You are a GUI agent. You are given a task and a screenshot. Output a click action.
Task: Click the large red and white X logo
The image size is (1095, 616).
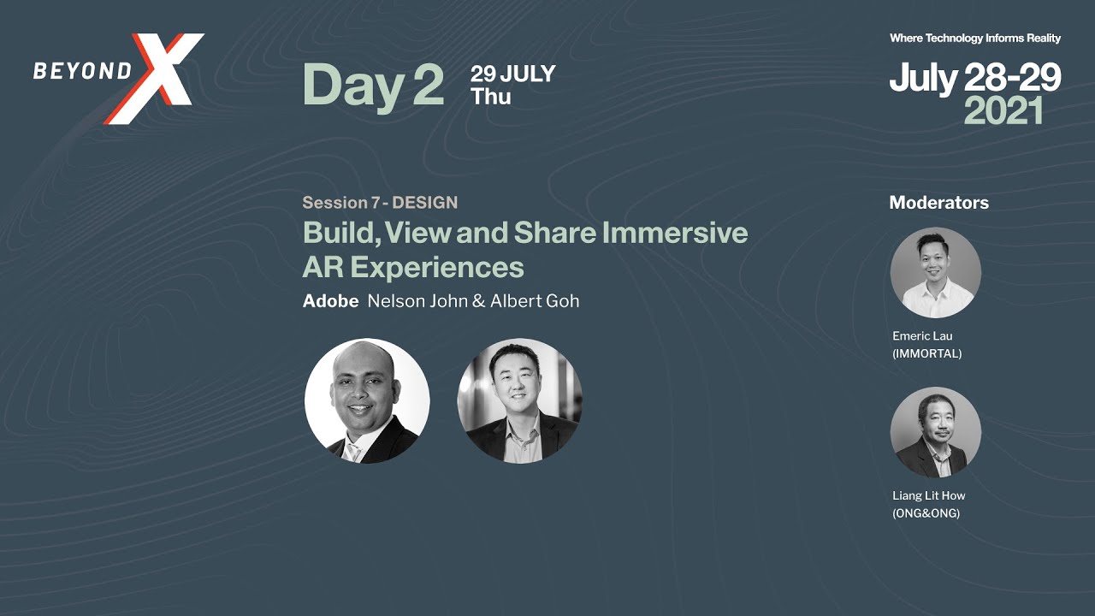163,78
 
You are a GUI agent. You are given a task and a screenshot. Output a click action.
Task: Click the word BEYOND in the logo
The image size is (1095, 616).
82,71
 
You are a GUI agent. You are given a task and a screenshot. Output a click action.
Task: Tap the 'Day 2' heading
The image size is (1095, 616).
373,85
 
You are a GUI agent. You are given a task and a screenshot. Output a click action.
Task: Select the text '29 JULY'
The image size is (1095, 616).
512,74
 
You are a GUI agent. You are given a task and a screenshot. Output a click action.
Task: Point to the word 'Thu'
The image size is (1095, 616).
491,97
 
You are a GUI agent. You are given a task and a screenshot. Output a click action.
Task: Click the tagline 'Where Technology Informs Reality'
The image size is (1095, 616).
974,38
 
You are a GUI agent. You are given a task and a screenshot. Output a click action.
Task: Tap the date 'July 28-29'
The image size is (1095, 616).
974,78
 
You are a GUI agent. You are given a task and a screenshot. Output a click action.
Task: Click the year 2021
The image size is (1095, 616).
1003,111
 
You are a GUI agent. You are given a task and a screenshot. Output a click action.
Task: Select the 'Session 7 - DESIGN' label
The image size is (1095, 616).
380,203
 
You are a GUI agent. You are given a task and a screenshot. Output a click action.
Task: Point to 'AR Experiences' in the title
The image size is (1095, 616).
413,268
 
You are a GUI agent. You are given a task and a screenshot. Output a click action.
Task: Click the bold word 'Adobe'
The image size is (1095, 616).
330,301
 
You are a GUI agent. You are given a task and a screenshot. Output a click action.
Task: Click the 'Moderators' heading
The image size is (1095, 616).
938,203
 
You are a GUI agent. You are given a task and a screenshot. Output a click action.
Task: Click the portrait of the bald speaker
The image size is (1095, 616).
367,400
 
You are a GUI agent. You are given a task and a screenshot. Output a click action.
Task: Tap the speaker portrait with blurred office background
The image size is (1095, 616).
519,400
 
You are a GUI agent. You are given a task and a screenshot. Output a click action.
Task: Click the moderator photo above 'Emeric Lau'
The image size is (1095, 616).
935,273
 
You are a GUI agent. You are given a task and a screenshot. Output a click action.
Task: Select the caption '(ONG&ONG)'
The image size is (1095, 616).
926,513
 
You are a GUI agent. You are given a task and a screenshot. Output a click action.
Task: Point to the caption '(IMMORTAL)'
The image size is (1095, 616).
926,353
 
